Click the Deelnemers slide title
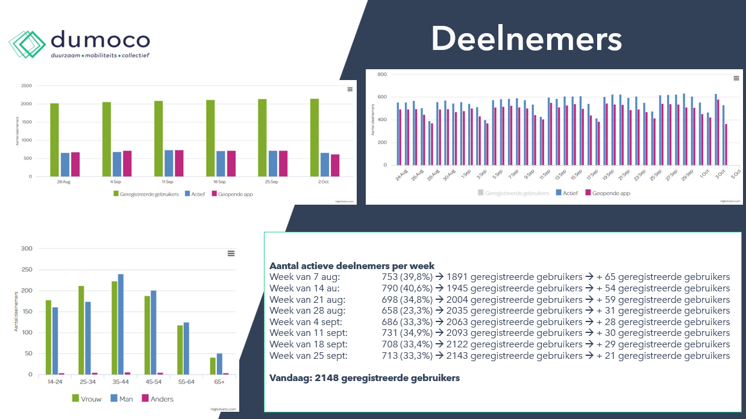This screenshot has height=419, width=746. click(526, 40)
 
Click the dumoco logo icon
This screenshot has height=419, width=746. click(27, 44)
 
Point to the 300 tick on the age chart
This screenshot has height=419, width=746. click(27, 248)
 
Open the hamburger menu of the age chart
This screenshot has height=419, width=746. click(231, 253)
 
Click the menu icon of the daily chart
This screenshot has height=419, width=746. click(736, 78)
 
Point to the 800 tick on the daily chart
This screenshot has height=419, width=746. click(381, 74)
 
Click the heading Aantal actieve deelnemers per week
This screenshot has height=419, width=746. click(352, 266)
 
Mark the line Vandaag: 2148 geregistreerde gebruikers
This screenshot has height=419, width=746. click(365, 378)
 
